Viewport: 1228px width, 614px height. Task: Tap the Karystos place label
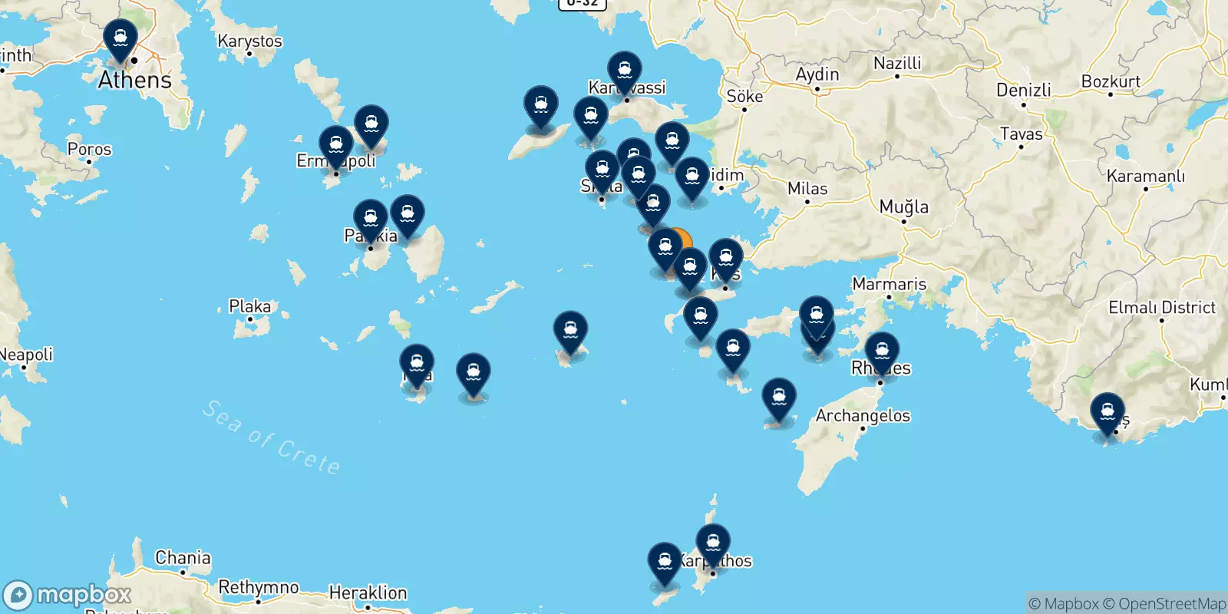click(249, 41)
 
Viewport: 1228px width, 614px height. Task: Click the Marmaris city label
click(889, 284)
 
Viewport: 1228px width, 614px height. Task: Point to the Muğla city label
click(903, 206)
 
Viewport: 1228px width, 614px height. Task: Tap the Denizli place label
click(1023, 90)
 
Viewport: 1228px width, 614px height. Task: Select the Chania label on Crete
click(183, 558)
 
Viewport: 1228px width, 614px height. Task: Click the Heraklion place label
click(368, 593)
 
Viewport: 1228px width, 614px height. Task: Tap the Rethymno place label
click(259, 587)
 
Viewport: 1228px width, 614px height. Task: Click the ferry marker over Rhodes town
click(882, 352)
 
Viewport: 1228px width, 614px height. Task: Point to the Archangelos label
click(863, 416)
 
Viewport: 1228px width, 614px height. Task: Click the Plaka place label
click(249, 307)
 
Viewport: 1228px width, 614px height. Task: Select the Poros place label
click(89, 149)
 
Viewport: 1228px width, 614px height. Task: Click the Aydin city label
click(817, 74)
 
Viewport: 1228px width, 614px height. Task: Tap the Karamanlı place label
click(1145, 177)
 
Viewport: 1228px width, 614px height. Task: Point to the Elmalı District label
click(1161, 308)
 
